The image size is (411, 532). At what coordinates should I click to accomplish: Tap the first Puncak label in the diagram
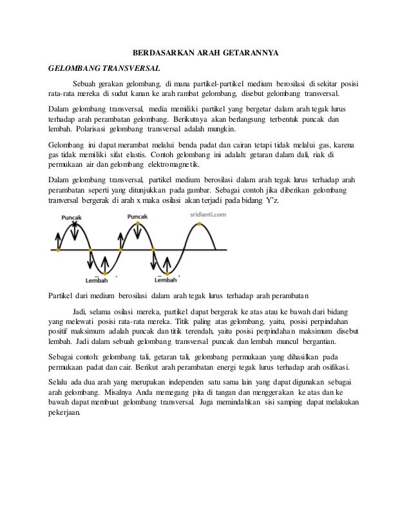click(x=71, y=218)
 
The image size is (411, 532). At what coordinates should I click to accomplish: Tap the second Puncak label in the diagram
click(x=138, y=218)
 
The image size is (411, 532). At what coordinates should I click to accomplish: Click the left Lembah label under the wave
click(x=97, y=280)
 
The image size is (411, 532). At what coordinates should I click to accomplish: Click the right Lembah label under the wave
click(x=166, y=280)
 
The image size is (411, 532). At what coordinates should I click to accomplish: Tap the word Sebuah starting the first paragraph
click(x=86, y=84)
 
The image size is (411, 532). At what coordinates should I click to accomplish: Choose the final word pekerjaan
click(x=66, y=413)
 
